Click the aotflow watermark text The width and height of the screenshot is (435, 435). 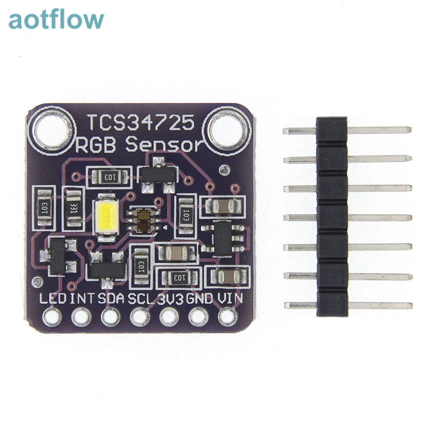(x=56, y=20)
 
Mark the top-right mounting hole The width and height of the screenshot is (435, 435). (x=228, y=127)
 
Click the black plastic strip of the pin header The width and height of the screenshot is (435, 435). (x=332, y=217)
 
